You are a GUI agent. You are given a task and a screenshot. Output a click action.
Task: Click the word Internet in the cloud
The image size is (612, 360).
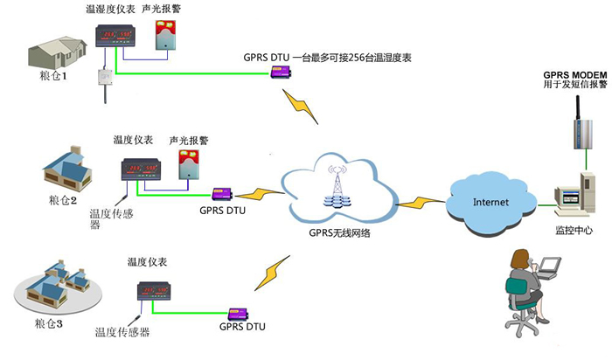pos(490,202)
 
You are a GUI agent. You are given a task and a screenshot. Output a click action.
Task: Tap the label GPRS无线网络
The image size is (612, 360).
pos(340,232)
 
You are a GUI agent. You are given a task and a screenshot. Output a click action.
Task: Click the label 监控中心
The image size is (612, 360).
pos(574,231)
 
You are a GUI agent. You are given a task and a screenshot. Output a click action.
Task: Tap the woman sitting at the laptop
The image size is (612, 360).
pos(524,293)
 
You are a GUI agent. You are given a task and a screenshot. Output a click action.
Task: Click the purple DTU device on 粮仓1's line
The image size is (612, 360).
pos(280,73)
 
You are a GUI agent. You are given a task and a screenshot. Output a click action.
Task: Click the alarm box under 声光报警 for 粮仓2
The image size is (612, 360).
pos(187,164)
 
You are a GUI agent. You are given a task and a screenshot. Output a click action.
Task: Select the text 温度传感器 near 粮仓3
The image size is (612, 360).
pos(122,333)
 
